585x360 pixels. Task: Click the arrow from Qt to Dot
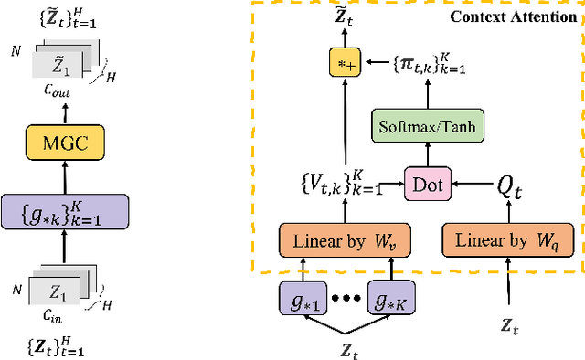tap(471, 185)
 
